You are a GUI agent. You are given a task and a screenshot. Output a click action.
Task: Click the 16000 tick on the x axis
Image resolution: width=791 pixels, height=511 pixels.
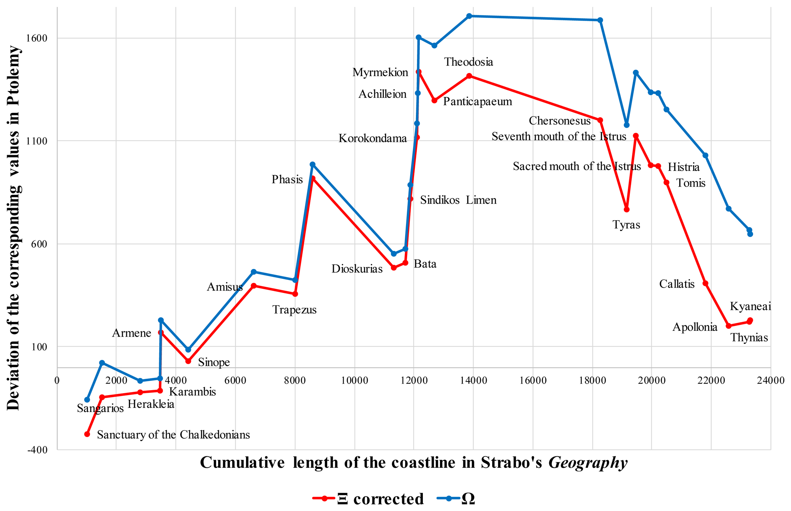pos(533,381)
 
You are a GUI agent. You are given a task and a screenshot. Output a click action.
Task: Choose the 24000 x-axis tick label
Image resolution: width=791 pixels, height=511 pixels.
pos(770,381)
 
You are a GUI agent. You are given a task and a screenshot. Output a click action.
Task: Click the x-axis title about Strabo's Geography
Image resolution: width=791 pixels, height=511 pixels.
pos(414,462)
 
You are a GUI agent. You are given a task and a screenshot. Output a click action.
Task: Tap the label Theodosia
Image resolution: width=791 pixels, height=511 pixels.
pos(468,62)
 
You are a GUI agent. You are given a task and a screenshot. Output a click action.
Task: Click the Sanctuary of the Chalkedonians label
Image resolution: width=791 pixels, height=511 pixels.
pos(173,435)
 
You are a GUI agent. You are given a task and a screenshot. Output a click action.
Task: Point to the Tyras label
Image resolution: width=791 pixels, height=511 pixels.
pos(626,225)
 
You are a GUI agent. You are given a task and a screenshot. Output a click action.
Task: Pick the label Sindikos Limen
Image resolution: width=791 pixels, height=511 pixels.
pos(458,200)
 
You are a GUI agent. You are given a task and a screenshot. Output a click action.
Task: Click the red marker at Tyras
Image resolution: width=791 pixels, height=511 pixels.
pos(626,209)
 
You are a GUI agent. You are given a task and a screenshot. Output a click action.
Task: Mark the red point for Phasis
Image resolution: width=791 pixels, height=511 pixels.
pos(313,178)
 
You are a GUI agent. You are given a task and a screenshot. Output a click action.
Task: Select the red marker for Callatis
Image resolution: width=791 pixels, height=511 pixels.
pos(705,283)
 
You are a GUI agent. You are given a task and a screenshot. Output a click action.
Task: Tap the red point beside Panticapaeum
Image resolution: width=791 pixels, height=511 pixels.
pos(434,100)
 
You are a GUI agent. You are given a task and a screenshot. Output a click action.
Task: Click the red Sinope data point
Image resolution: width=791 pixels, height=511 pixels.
pos(188,361)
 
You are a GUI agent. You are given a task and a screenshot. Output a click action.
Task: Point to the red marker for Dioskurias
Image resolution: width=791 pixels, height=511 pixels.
pos(394,268)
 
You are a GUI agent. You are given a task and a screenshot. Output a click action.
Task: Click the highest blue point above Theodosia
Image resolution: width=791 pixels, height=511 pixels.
pos(469,16)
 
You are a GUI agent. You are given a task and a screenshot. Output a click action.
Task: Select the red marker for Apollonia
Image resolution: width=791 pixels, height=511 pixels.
pos(729,326)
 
